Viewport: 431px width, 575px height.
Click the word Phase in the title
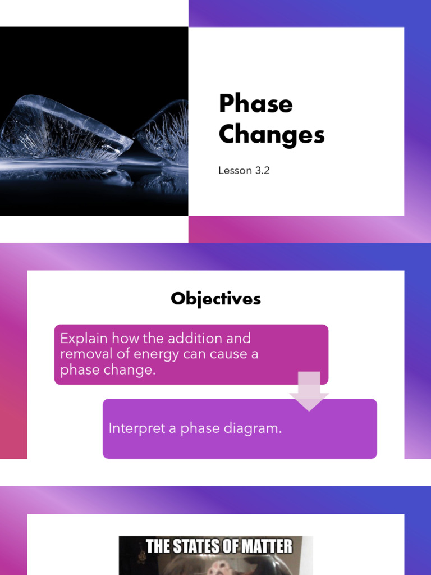(255, 104)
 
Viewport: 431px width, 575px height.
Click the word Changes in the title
(272, 135)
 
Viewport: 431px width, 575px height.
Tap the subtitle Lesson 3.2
(244, 170)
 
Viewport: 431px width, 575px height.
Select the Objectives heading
(215, 298)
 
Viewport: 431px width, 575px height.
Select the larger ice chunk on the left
(62, 129)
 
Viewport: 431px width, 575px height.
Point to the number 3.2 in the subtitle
(262, 170)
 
